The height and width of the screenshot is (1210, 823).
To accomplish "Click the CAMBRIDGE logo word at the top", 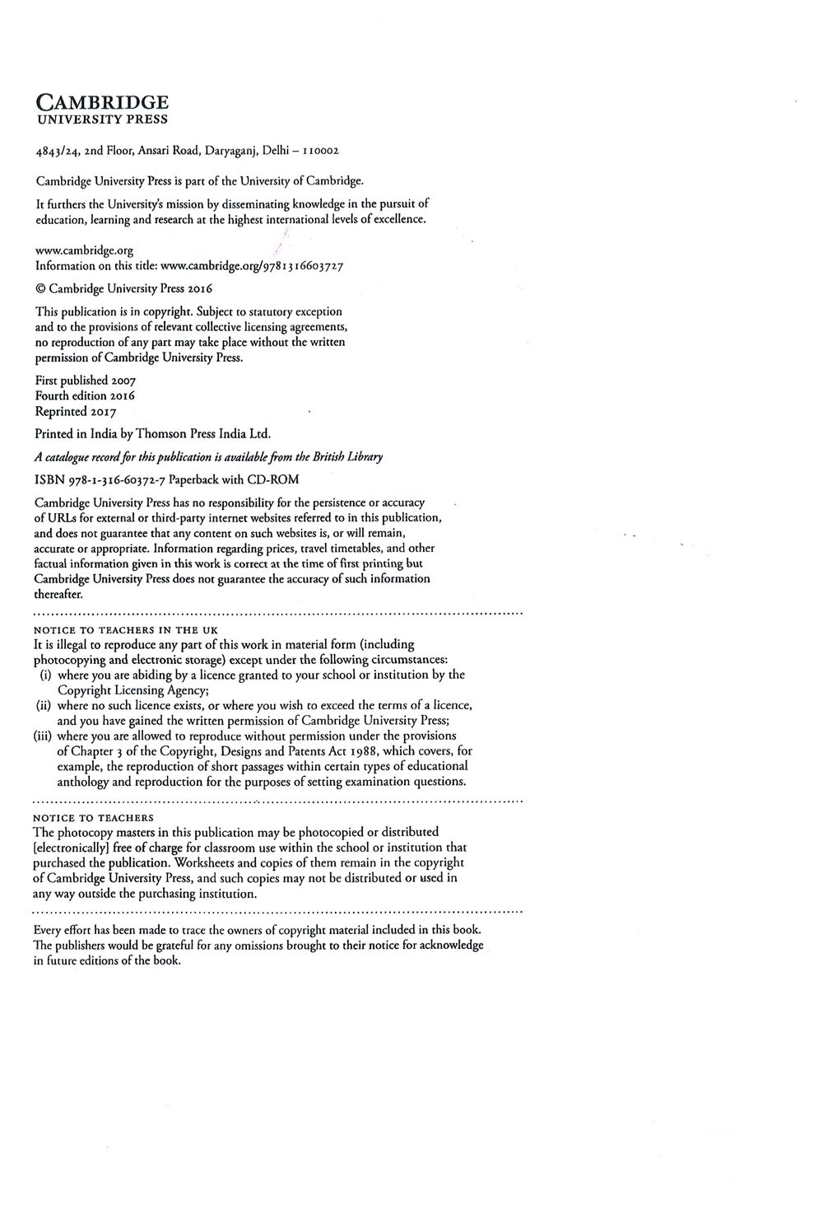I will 102,102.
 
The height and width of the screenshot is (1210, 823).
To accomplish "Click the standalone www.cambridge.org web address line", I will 84,250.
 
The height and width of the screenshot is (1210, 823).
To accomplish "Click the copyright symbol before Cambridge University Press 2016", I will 40,289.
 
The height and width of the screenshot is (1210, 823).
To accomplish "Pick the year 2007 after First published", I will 123,381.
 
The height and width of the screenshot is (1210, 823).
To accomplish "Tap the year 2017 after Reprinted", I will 102,411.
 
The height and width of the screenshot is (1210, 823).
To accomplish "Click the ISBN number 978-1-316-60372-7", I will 113,479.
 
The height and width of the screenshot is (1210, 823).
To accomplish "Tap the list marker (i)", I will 46,675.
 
